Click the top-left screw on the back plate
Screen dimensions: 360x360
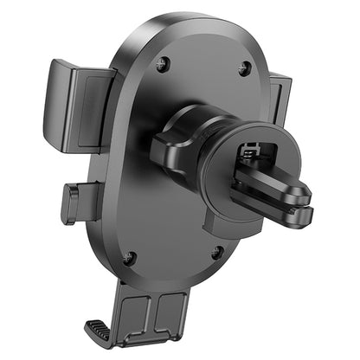click(x=161, y=63)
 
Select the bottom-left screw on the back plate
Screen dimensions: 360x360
click(x=129, y=257)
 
